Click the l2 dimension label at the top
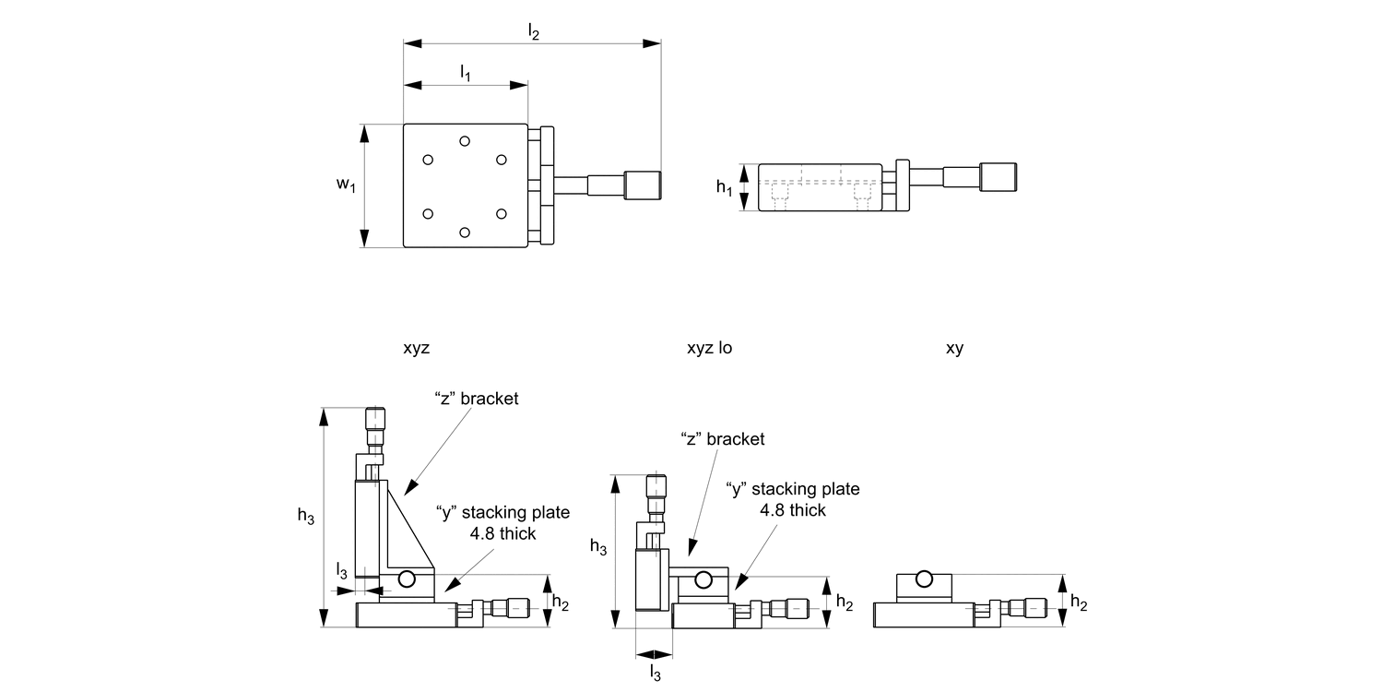click(534, 30)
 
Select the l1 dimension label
click(466, 73)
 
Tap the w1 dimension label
click(347, 185)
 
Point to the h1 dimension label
click(724, 186)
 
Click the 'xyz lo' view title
click(709, 348)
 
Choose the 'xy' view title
click(954, 349)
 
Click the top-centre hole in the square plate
click(465, 141)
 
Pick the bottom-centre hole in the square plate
click(465, 233)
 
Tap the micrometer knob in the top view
click(643, 185)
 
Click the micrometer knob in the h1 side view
click(999, 177)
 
